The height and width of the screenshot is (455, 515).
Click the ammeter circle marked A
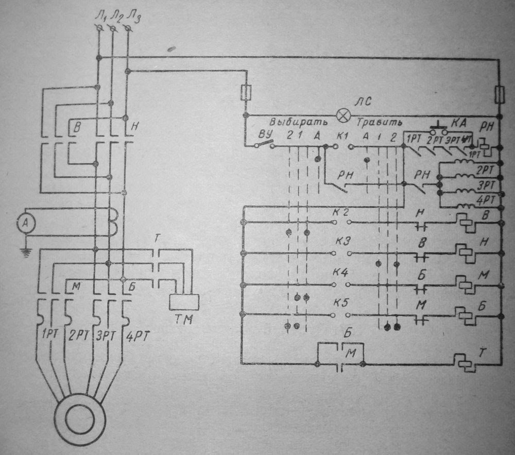click(24, 223)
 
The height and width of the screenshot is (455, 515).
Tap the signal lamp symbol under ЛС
click(344, 114)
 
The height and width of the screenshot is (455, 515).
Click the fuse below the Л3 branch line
click(246, 93)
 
